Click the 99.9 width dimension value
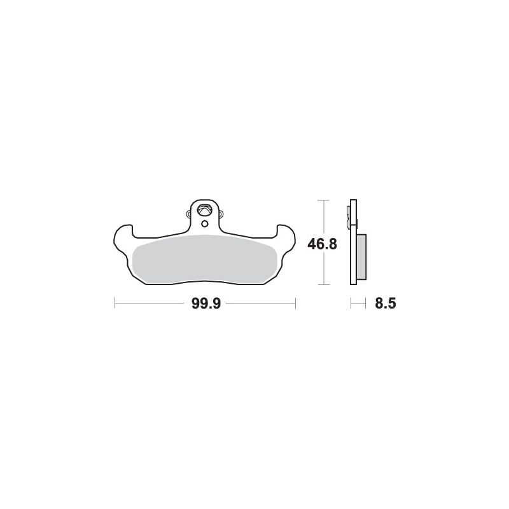206,303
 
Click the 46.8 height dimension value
323,244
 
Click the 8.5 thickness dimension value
386,303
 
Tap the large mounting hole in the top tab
205,209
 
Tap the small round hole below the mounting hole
205,224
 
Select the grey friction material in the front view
205,259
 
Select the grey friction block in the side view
361,256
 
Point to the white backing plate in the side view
354,242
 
